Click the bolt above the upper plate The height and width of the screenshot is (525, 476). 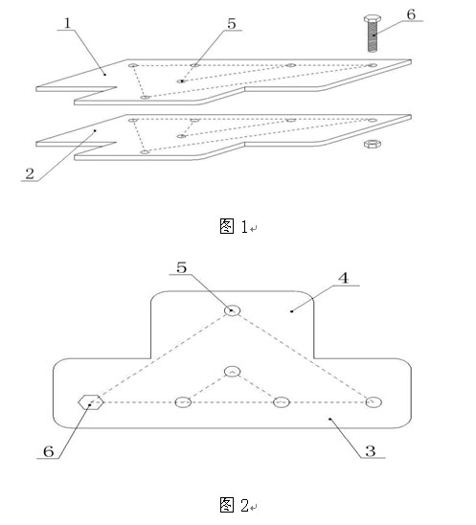pyautogui.click(x=372, y=34)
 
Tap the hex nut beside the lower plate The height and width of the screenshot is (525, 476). pyautogui.click(x=373, y=144)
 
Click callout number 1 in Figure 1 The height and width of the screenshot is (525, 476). pyautogui.click(x=68, y=23)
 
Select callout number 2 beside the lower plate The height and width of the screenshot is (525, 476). pyautogui.click(x=30, y=173)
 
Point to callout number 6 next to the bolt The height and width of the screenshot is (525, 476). pyautogui.click(x=411, y=14)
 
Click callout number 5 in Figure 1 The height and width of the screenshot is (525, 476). pyautogui.click(x=232, y=23)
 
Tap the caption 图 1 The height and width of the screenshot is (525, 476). pyautogui.click(x=234, y=226)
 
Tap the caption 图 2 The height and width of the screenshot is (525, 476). pyautogui.click(x=235, y=505)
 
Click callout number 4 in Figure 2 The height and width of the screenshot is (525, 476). pyautogui.click(x=344, y=278)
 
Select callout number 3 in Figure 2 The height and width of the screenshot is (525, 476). pyautogui.click(x=371, y=451)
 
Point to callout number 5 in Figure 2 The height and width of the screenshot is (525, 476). pyautogui.click(x=181, y=267)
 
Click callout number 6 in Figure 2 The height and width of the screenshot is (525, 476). pyautogui.click(x=49, y=451)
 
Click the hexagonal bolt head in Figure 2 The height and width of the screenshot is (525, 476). pyautogui.click(x=90, y=402)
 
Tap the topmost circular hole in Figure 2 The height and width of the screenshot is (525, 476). pyautogui.click(x=232, y=310)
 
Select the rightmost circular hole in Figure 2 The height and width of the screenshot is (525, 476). pyautogui.click(x=374, y=402)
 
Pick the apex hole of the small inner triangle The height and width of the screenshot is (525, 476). pyautogui.click(x=232, y=372)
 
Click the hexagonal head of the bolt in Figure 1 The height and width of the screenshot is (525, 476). pyautogui.click(x=372, y=18)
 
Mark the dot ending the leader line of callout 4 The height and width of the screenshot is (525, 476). pyautogui.click(x=291, y=311)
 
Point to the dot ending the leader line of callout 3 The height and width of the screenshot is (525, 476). pyautogui.click(x=329, y=419)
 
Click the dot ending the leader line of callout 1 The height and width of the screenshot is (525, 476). pyautogui.click(x=104, y=75)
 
